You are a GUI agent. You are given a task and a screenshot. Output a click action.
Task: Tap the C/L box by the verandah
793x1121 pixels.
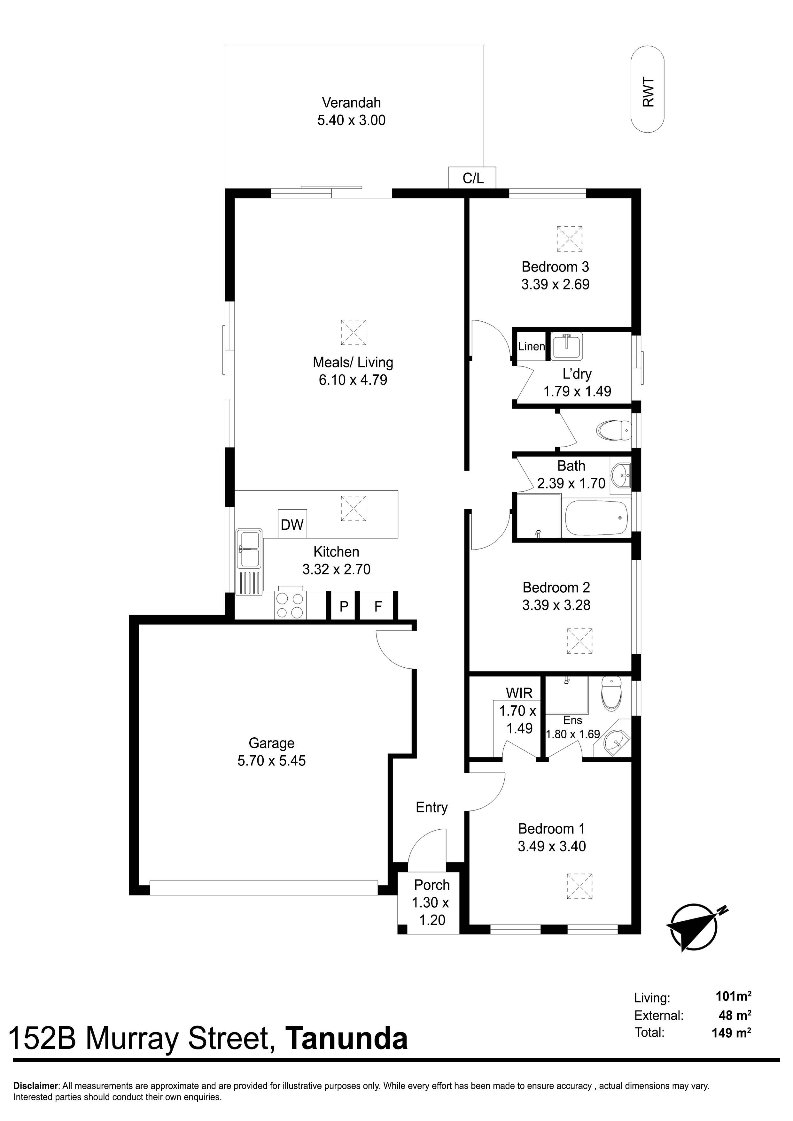pos(472,178)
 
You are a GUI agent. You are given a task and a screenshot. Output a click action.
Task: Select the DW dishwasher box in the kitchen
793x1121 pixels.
pos(292,524)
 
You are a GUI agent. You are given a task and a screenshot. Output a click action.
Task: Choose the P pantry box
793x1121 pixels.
pos(344,606)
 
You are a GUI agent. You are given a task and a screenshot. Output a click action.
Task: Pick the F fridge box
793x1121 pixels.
pos(378,606)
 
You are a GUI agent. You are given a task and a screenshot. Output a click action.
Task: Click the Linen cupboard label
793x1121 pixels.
pos(532,346)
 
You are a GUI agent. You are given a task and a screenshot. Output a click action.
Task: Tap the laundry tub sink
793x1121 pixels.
pos(567,346)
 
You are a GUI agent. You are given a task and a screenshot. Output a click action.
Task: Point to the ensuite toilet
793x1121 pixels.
pos(611,694)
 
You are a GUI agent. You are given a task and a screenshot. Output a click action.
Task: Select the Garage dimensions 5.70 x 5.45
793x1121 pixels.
pos(272,761)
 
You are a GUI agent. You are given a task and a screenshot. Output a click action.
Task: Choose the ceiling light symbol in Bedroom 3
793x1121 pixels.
pos(570,239)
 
